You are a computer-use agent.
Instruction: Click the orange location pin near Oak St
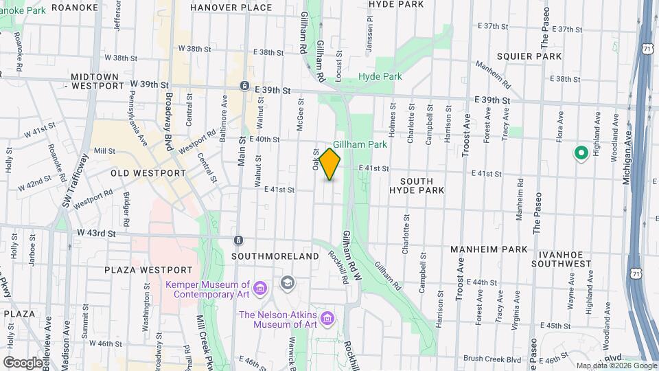pos(330,164)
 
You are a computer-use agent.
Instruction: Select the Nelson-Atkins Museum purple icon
pos(328,319)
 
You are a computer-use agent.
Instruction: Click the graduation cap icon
pos(287,282)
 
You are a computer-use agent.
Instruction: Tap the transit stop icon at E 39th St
pos(244,86)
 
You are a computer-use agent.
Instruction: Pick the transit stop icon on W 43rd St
pos(238,240)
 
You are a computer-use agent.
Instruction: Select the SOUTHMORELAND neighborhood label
pos(275,256)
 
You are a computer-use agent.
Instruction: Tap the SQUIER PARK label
pos(530,56)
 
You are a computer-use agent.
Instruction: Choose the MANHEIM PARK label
pos(489,249)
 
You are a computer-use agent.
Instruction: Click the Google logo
pos(23,362)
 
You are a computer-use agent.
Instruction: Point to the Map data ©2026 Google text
pos(616,366)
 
